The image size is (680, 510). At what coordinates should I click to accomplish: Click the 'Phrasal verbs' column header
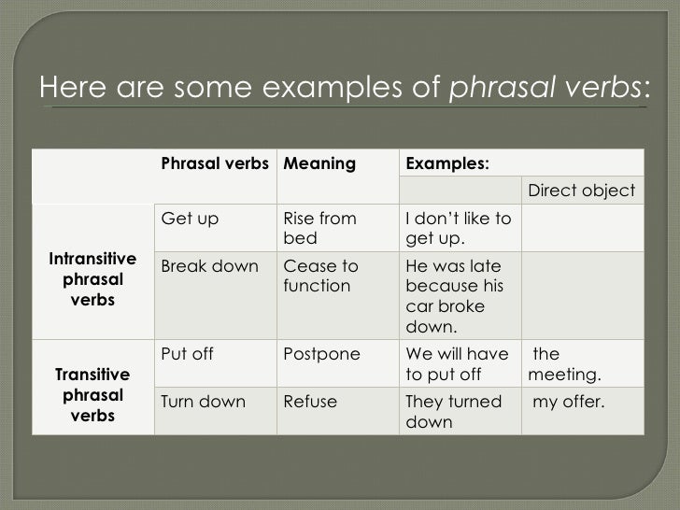coord(215,164)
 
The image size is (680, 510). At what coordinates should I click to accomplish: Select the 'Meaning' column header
coord(319,164)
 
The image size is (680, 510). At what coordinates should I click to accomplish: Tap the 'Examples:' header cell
coord(446,164)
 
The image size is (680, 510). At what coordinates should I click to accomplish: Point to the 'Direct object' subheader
coord(581,191)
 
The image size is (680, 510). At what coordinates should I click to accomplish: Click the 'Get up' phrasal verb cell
coord(190,220)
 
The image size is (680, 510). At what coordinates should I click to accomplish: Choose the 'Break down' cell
coord(210,266)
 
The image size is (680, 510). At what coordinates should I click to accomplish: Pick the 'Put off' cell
coord(188,354)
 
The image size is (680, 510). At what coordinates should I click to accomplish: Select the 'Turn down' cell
coord(204,403)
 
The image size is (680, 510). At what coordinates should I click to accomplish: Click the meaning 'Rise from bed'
coord(319,228)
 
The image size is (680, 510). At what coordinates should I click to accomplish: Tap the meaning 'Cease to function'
coord(316,276)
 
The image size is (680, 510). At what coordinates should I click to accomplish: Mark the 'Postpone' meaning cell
coord(316,354)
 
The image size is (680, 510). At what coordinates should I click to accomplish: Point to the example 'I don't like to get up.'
coord(458,228)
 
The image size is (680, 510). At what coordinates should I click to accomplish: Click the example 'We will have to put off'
coord(457,363)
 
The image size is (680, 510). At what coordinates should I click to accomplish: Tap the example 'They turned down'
coord(453,412)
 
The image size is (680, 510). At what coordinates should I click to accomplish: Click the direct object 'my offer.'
coord(569,403)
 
